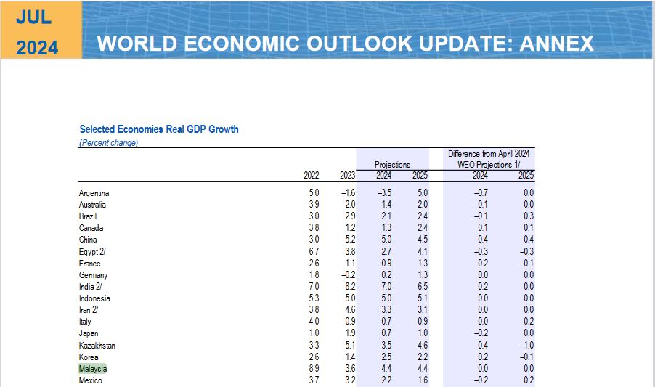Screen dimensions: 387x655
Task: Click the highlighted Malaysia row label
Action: [x=93, y=369]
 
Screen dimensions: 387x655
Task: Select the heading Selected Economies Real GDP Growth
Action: [x=159, y=129]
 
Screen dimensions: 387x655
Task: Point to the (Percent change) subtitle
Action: [x=108, y=143]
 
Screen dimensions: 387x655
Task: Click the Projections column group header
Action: [x=392, y=165]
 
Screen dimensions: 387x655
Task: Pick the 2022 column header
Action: [x=312, y=175]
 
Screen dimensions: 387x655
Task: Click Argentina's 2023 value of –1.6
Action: [x=347, y=192]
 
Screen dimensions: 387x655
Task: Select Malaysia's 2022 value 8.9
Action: [x=313, y=369]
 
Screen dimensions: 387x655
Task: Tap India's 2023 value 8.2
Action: [x=349, y=287]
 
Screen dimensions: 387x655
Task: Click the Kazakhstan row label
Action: [x=97, y=346]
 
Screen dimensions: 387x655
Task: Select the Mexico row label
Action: [x=91, y=380]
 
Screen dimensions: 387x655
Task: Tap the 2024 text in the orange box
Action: [x=37, y=48]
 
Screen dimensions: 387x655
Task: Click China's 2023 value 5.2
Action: [x=349, y=240]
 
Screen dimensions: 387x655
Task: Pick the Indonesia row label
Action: [x=94, y=298]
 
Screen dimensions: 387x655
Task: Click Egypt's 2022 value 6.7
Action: [x=313, y=251]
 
